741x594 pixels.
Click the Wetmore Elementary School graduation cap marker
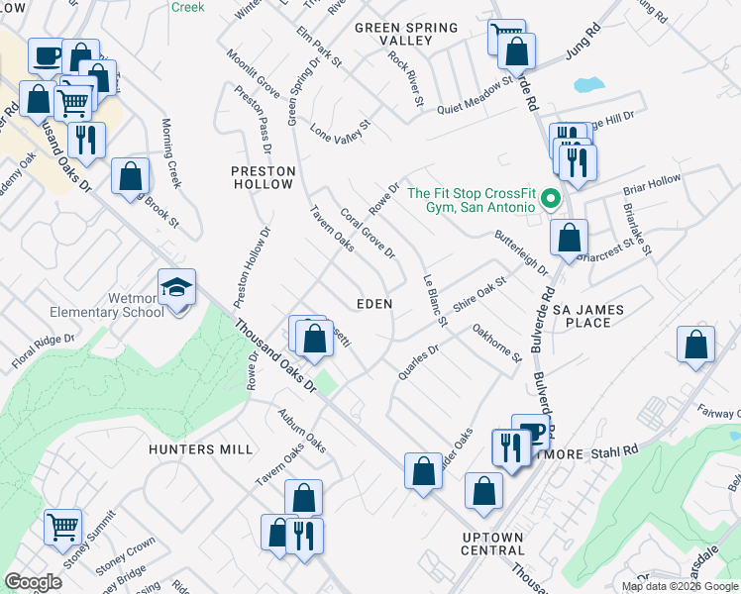177,288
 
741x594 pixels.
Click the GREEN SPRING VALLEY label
406,34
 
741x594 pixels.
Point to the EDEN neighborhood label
374,304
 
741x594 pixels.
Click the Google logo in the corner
34,582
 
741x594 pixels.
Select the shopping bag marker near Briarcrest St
569,238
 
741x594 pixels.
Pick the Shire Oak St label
479,294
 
